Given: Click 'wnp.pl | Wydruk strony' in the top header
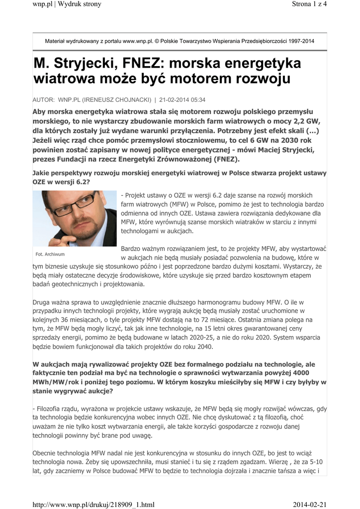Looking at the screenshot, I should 67,4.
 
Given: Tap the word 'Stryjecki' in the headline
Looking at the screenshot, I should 94,64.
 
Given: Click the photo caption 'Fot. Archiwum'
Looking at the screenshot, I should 50,254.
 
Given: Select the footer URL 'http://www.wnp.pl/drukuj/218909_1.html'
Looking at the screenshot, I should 93,505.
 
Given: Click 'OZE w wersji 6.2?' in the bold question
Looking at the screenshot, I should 62,182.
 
